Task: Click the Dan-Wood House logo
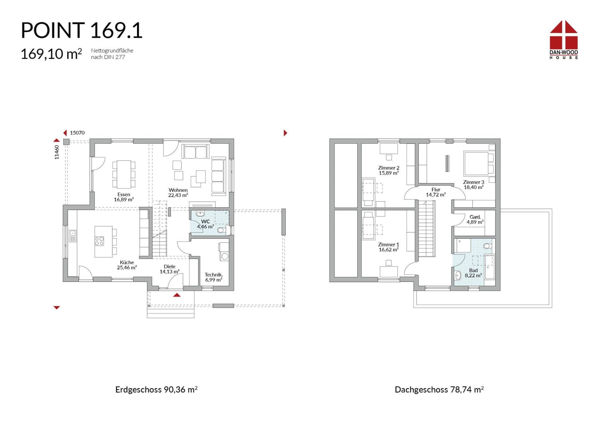pyautogui.click(x=563, y=39)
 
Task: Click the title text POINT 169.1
pyautogui.click(x=81, y=30)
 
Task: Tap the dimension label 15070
pyautogui.click(x=77, y=133)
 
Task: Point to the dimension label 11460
pyautogui.click(x=57, y=152)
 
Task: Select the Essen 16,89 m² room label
pyautogui.click(x=124, y=197)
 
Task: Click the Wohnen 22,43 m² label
pyautogui.click(x=178, y=193)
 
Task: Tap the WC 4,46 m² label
pyautogui.click(x=205, y=224)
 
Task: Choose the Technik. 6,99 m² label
pyautogui.click(x=213, y=277)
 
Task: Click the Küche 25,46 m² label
pyautogui.click(x=127, y=265)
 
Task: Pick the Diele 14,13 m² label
pyautogui.click(x=170, y=269)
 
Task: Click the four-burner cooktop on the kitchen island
pyautogui.click(x=99, y=241)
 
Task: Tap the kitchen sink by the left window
pyautogui.click(x=73, y=236)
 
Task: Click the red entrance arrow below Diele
pyautogui.click(x=177, y=295)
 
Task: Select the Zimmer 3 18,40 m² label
pyautogui.click(x=474, y=185)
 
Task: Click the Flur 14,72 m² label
pyautogui.click(x=436, y=192)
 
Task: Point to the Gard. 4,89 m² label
pyautogui.click(x=475, y=219)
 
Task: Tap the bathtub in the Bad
pyautogui.click(x=489, y=267)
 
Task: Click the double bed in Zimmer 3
pyautogui.click(x=476, y=163)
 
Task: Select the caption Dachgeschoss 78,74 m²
pyautogui.click(x=439, y=390)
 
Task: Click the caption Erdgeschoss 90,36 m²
pyautogui.click(x=156, y=390)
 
